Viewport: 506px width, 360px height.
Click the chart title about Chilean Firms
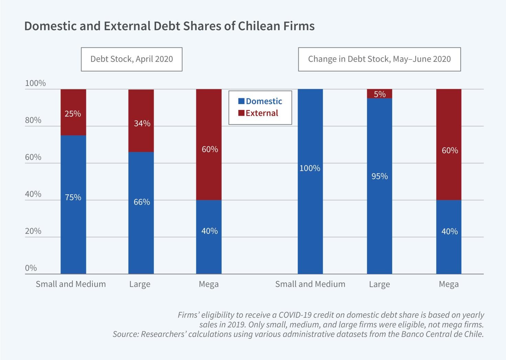[169, 26]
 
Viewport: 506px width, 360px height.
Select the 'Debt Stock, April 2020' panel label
[132, 59]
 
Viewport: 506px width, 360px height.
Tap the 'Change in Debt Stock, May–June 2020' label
[379, 59]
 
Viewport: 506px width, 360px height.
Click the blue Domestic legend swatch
[241, 101]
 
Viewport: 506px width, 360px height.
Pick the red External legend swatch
[241, 113]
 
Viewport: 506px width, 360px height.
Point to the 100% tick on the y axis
[35, 83]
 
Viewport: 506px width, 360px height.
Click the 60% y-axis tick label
[33, 157]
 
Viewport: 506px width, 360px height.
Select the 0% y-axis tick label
[31, 268]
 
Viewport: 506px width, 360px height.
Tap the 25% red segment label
[73, 114]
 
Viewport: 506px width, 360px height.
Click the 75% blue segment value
[73, 198]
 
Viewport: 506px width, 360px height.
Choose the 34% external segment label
[142, 123]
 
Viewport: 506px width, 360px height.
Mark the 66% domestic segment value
[142, 202]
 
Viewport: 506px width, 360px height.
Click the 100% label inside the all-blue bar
[310, 168]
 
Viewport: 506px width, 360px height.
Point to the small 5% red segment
[379, 94]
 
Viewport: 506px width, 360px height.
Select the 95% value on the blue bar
[379, 176]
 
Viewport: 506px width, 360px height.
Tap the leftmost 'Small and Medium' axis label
[71, 284]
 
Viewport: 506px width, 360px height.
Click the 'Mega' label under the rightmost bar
[449, 284]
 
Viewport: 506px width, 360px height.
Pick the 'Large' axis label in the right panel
[379, 284]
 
